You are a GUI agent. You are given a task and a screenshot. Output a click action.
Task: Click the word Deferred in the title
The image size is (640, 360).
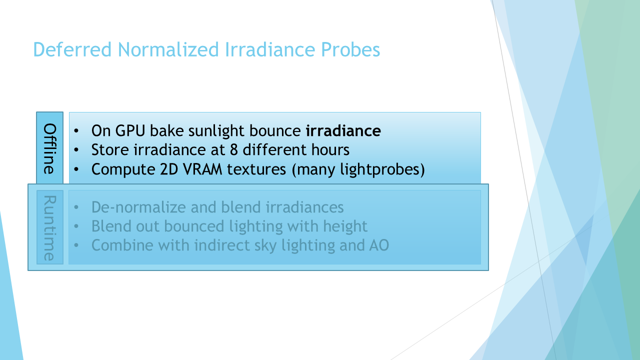tap(72, 49)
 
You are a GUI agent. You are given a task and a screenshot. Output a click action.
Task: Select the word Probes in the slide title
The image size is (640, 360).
tap(350, 49)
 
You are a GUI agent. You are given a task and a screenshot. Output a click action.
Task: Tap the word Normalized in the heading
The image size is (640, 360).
tap(168, 49)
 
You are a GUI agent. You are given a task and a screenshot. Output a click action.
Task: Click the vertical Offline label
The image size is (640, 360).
tap(49, 148)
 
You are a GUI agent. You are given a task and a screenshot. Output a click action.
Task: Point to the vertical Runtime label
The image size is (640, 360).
tap(49, 228)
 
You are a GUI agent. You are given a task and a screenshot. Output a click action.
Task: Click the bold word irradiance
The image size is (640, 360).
tap(343, 130)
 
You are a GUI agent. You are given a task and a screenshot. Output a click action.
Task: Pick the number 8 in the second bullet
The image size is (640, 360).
tap(233, 149)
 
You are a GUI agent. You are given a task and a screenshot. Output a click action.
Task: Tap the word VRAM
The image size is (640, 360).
tap(202, 169)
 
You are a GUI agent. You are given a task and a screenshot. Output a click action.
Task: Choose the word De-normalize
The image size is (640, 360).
tap(138, 207)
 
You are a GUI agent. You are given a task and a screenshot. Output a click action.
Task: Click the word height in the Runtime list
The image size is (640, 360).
tap(345, 226)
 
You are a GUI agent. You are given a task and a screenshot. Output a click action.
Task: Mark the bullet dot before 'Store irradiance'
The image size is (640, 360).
tap(76, 149)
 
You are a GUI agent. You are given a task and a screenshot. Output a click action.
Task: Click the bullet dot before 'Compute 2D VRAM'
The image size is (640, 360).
tap(76, 169)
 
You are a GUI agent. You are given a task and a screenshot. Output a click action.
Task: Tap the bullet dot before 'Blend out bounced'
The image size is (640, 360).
tap(76, 226)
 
